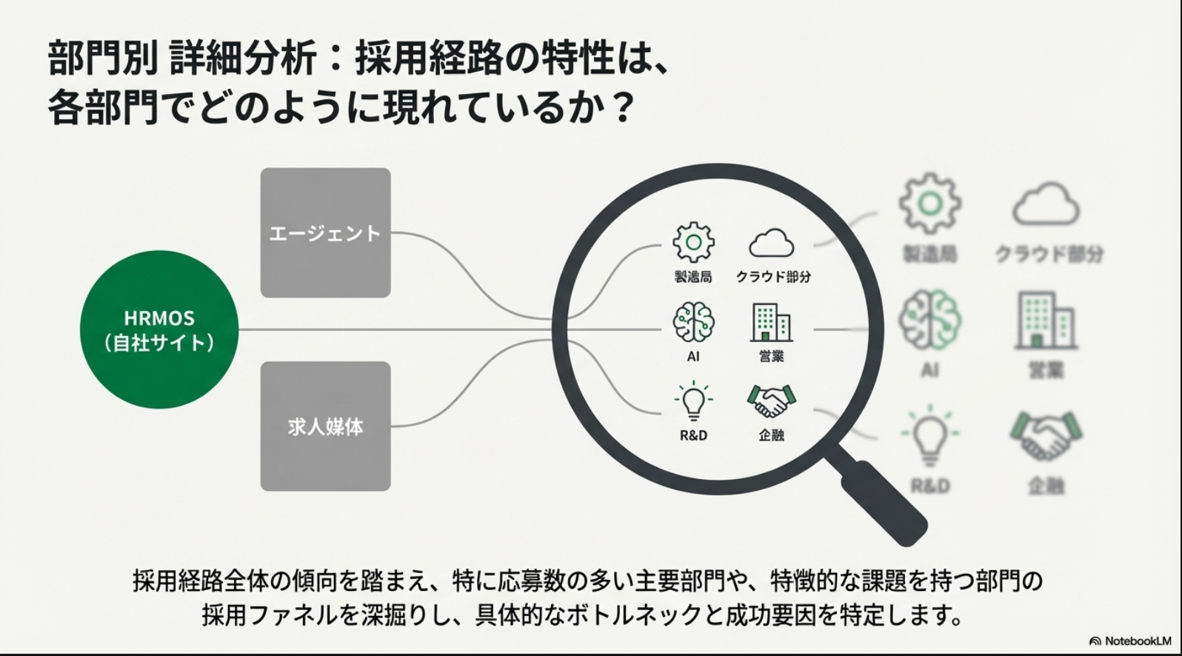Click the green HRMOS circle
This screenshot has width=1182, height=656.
point(159,330)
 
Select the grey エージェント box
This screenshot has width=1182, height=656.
point(325,232)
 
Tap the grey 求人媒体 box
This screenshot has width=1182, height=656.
point(325,426)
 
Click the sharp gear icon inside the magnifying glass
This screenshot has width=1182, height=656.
point(693,242)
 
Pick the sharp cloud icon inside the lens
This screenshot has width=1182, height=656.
point(772,243)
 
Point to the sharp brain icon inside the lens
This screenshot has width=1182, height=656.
point(693,322)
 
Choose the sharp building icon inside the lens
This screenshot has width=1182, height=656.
point(771,323)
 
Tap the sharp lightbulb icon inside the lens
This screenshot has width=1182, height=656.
point(693,401)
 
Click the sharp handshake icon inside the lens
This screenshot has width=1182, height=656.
point(771,401)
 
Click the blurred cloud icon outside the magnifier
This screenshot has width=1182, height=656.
point(1046,204)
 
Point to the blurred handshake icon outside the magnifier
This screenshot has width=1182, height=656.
point(1046,436)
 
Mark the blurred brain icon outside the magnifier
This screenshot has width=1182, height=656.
point(930,321)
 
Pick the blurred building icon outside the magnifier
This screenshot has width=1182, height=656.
point(1046,320)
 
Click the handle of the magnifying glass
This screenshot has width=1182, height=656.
point(886,503)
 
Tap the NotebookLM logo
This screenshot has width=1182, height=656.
point(1130,641)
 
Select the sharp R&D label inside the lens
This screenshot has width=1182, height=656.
point(693,435)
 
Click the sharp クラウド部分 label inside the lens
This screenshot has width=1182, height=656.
point(772,276)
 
